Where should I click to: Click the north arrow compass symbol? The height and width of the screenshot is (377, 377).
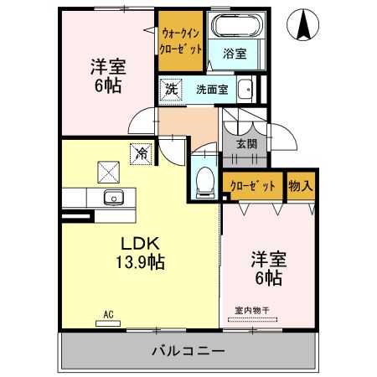tap(303, 24)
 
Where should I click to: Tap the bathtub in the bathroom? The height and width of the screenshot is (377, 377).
tap(237, 25)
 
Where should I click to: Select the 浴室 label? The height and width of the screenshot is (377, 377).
tap(235, 54)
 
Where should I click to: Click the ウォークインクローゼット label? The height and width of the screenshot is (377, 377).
tap(181, 41)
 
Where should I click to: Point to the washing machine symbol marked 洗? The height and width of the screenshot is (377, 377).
tap(171, 90)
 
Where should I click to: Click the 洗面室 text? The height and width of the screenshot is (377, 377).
tap(212, 90)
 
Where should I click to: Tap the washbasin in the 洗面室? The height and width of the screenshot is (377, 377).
tap(245, 90)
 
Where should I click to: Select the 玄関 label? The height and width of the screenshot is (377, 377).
tap(246, 144)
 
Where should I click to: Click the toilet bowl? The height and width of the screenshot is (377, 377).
tap(205, 182)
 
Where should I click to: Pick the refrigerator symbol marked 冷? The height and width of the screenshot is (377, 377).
tap(142, 154)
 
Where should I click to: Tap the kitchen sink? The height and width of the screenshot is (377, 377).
tap(114, 198)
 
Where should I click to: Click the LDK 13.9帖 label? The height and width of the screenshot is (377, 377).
tap(140, 253)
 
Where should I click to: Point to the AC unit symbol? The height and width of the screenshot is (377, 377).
tap(108, 323)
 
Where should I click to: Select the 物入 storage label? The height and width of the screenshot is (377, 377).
tap(301, 185)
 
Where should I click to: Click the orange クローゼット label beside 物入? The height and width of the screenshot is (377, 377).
tap(253, 186)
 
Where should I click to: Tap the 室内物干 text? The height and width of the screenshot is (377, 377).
tap(252, 310)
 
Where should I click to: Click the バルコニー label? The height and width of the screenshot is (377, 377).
tap(188, 351)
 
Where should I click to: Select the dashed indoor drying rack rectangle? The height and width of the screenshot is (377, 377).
tap(252, 320)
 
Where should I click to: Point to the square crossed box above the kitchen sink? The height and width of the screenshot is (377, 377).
tap(108, 172)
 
